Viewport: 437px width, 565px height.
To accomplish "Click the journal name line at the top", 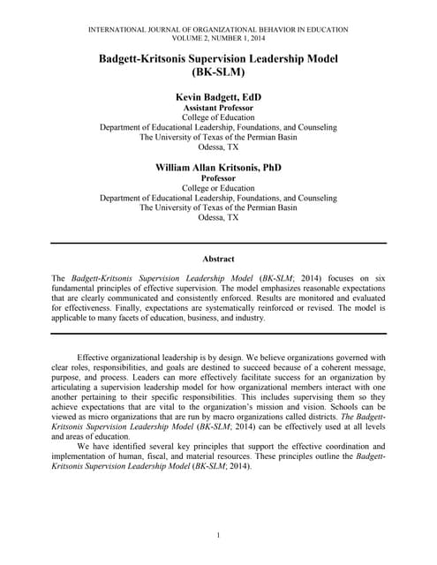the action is click(218, 30).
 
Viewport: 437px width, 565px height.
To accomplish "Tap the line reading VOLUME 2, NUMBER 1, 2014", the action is click(218, 39).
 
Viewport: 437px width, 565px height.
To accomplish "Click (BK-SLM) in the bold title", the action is click(218, 73).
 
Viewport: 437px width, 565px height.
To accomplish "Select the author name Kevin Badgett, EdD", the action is click(218, 96).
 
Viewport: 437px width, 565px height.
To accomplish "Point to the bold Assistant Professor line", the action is click(218, 107).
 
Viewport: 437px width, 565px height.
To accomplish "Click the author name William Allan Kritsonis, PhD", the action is click(218, 166).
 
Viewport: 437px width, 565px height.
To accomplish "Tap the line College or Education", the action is click(218, 187).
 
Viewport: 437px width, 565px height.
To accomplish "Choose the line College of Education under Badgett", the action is click(218, 117).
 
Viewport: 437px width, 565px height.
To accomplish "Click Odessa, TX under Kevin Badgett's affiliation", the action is click(218, 147).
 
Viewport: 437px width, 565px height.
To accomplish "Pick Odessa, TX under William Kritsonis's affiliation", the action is click(218, 217).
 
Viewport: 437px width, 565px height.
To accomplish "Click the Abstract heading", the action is click(218, 259).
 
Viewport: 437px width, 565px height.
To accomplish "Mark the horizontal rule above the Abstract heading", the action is click(218, 243).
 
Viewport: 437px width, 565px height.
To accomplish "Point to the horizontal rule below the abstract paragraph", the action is click(218, 333).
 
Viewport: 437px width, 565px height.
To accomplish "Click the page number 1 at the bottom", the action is click(218, 536).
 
